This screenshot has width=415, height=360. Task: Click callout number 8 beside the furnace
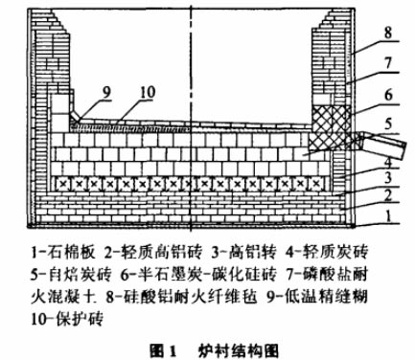(x=388, y=33)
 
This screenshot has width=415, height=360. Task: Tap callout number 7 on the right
(x=388, y=63)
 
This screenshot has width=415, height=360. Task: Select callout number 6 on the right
(x=388, y=95)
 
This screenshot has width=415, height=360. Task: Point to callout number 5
(x=388, y=124)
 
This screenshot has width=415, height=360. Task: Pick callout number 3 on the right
(x=388, y=177)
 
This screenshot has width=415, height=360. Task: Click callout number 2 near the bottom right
(x=388, y=195)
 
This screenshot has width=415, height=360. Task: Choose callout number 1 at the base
(x=388, y=216)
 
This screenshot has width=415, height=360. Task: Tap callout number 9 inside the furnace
(x=106, y=92)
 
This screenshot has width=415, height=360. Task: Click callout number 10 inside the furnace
(x=148, y=92)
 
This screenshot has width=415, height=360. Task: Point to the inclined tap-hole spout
(x=382, y=146)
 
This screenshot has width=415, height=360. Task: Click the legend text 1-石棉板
(x=63, y=253)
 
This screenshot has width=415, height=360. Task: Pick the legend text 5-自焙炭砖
(x=72, y=274)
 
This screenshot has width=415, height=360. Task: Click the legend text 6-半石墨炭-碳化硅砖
(x=198, y=274)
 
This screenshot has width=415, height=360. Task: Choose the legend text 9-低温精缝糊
(x=317, y=297)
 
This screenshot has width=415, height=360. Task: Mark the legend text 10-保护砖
(x=67, y=318)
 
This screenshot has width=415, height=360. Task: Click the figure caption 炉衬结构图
(x=239, y=351)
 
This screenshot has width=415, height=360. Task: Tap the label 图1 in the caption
(x=163, y=351)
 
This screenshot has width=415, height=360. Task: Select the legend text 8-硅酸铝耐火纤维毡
(x=181, y=297)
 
